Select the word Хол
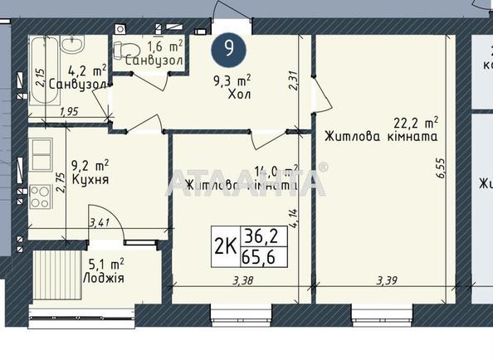[x=239, y=95]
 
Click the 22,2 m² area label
[x=416, y=122]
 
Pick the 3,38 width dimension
[x=243, y=280]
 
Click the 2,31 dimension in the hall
[x=291, y=80]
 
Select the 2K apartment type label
[x=222, y=245]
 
